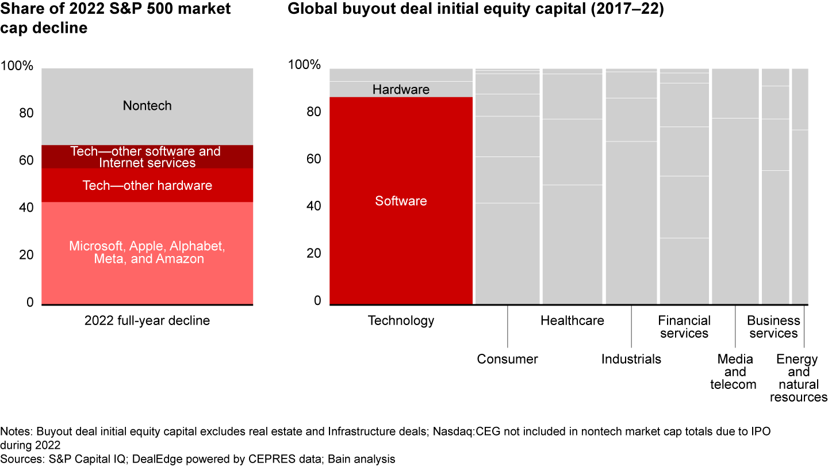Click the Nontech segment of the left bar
click(147, 106)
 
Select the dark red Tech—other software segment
click(147, 156)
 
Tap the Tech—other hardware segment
click(147, 185)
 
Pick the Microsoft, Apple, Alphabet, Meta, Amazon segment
click(147, 253)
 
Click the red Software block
click(401, 201)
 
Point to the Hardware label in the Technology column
click(401, 90)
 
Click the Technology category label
click(401, 320)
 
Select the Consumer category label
click(507, 360)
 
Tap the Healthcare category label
click(572, 320)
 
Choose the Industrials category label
click(631, 360)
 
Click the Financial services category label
click(684, 327)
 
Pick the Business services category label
click(773, 327)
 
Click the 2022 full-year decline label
click(147, 320)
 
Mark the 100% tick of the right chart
click(304, 65)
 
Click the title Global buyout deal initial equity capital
click(476, 10)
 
